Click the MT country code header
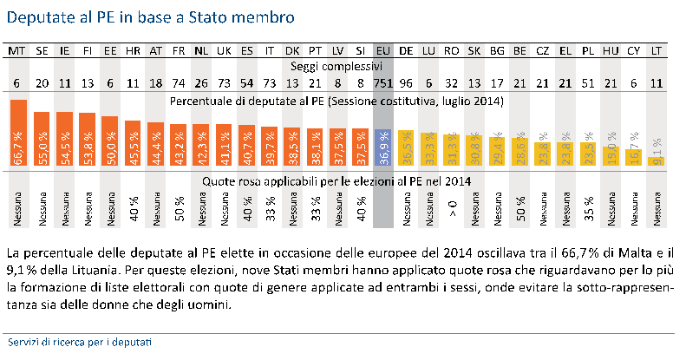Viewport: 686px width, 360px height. point(17,51)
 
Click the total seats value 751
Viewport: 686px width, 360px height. point(382,84)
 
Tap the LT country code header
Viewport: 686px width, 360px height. point(656,51)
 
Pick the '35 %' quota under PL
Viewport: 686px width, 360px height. point(588,211)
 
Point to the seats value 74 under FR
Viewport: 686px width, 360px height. point(178,84)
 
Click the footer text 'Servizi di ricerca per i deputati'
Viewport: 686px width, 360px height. point(78,342)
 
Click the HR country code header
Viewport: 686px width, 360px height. point(133,51)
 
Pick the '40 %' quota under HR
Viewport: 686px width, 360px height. point(133,211)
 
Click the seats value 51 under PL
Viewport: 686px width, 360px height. point(588,84)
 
